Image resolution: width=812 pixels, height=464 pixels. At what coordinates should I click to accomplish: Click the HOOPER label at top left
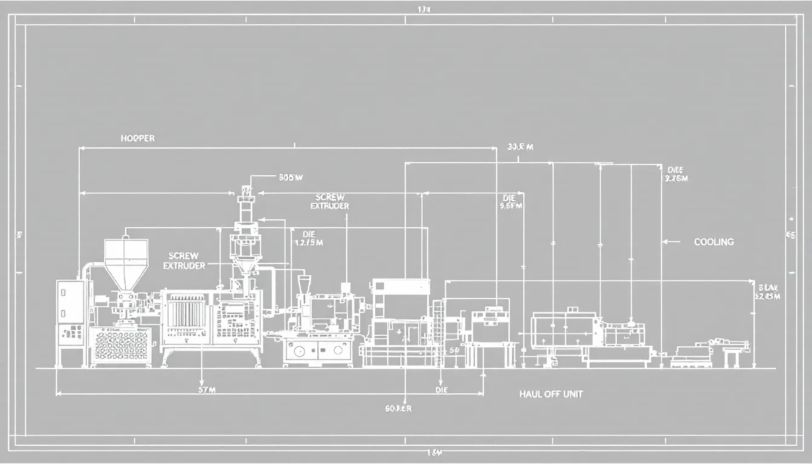(137, 138)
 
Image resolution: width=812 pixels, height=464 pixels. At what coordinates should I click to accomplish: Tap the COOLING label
(714, 242)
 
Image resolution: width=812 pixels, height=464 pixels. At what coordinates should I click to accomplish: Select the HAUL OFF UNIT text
(551, 394)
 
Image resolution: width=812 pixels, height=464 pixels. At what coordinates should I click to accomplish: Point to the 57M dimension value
(207, 390)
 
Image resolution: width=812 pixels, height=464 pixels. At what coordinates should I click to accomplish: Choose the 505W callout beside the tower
(291, 178)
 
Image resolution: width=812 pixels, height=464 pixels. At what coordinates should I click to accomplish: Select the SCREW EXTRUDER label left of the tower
(184, 261)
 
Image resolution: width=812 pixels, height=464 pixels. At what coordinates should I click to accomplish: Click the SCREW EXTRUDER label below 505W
(330, 202)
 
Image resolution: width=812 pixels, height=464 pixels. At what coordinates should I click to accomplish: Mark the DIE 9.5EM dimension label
(510, 202)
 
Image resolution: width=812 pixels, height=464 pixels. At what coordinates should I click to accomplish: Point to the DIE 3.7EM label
(675, 174)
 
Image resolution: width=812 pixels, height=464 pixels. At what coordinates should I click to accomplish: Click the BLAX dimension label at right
(768, 292)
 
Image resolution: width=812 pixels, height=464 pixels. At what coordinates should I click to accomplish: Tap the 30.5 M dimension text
(520, 147)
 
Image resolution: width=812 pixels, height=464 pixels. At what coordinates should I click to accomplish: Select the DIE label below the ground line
(442, 390)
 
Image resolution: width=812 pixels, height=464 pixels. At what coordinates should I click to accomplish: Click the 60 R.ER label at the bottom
(398, 408)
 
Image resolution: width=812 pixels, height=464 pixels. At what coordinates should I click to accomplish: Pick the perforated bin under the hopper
(120, 346)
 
